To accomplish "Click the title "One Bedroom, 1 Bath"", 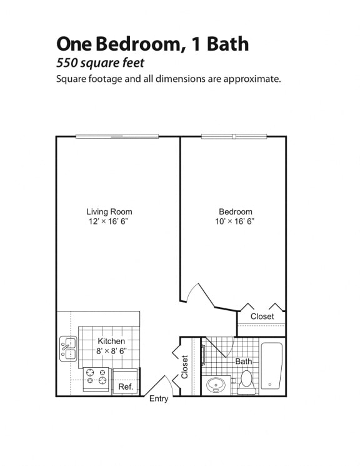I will (152, 44).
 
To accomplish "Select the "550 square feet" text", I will (100, 63).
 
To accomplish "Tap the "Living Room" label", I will (109, 211).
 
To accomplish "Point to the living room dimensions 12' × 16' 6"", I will (109, 221).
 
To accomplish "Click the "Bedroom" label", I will (236, 211).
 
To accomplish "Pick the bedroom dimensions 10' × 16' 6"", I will (236, 221).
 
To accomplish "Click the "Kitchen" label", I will (111, 341).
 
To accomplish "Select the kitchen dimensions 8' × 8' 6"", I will (111, 351).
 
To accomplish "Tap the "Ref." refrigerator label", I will (126, 387).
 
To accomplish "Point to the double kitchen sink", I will (68, 348).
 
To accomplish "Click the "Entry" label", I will (158, 398).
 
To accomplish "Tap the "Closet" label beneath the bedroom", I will (262, 317).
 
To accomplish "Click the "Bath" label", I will (243, 362).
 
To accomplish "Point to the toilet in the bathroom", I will (247, 381).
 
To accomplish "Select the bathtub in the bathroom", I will (272, 367).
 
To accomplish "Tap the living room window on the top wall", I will (117, 136).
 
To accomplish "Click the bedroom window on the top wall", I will (234, 136).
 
